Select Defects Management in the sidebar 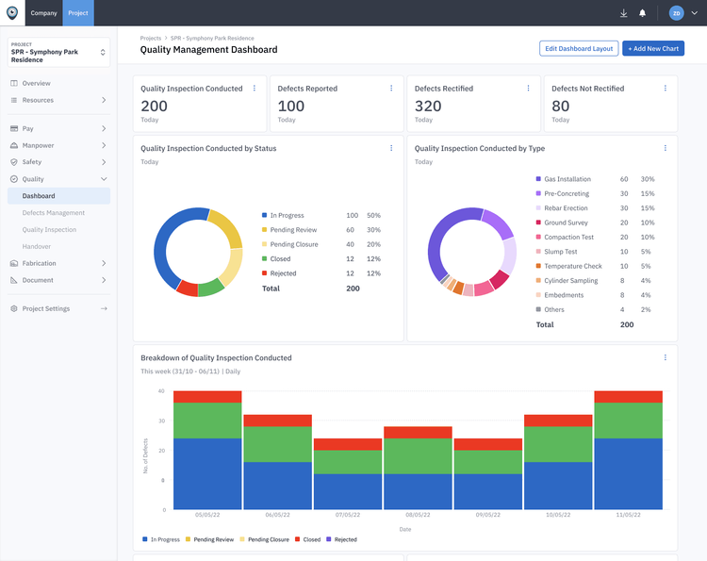point(54,213)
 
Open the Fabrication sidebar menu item point(40,263)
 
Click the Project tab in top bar point(78,13)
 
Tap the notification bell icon point(643,13)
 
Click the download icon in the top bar point(623,13)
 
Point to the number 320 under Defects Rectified point(428,107)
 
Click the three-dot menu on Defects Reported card point(391,89)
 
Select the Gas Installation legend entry point(567,179)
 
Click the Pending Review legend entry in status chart point(293,230)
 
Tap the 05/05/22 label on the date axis point(207,515)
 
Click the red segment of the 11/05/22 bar point(628,396)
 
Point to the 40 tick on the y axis point(161,391)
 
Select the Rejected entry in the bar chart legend point(345,539)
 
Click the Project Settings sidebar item point(45,308)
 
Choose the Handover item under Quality point(37,246)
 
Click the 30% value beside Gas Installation point(648,179)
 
